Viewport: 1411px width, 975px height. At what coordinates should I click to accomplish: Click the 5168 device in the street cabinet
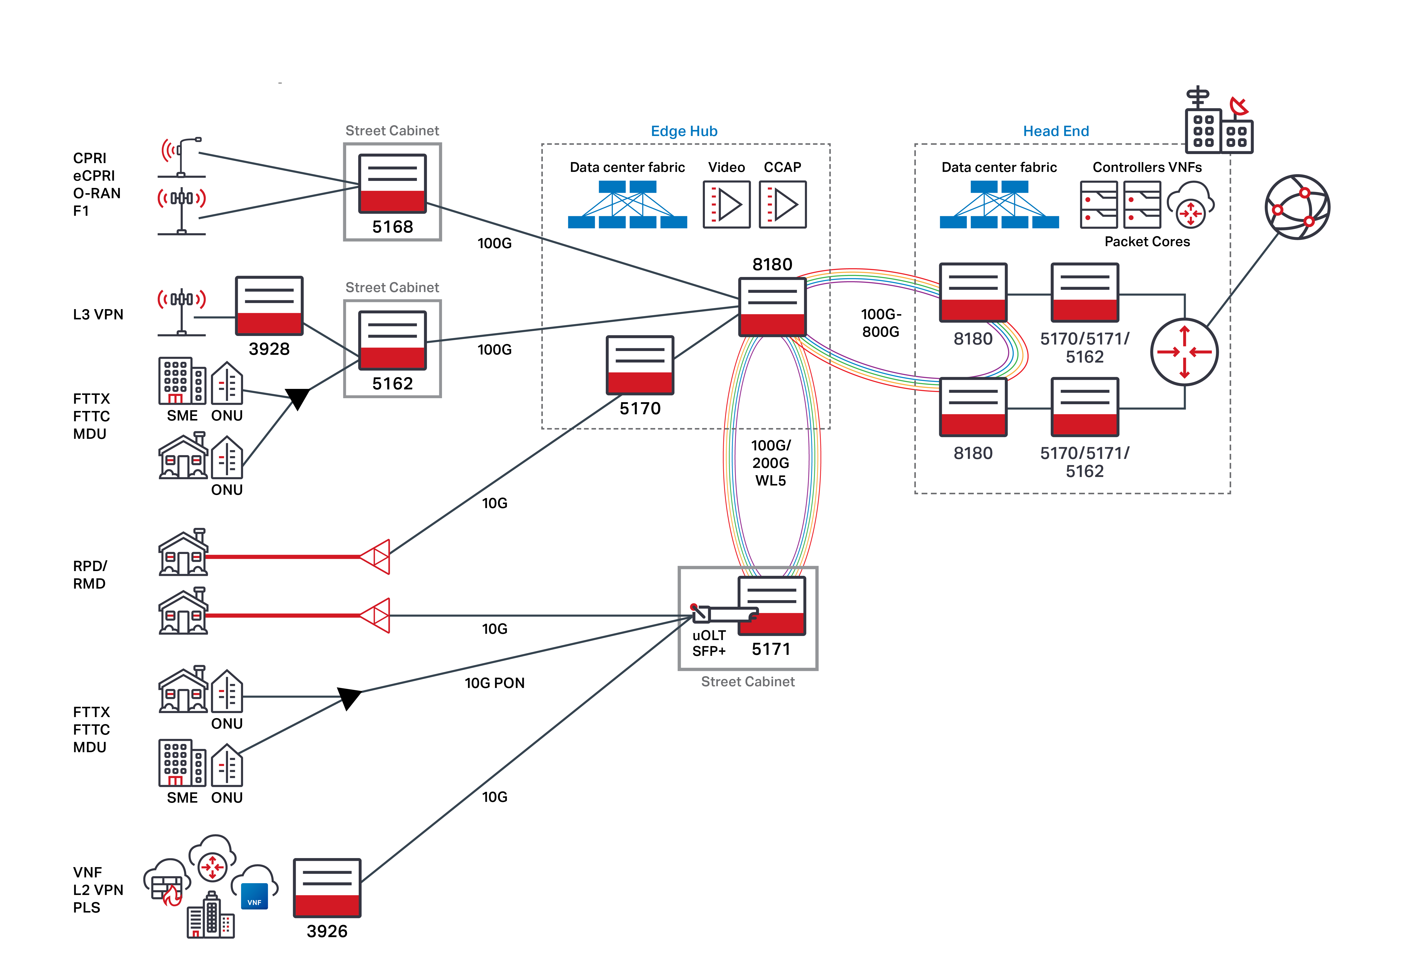pyautogui.click(x=392, y=183)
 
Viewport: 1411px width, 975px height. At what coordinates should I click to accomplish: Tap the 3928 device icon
pyautogui.click(x=269, y=305)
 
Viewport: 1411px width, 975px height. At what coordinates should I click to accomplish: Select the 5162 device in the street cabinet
pyautogui.click(x=392, y=340)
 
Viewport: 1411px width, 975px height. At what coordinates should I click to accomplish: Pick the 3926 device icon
pyautogui.click(x=327, y=888)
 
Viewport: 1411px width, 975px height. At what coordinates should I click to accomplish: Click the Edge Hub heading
pyautogui.click(x=684, y=131)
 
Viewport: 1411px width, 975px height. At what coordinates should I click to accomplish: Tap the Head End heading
pyautogui.click(x=1056, y=131)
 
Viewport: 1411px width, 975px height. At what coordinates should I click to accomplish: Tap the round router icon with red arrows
pyautogui.click(x=1184, y=352)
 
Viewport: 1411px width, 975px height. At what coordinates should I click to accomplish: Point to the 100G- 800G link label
pyautogui.click(x=880, y=323)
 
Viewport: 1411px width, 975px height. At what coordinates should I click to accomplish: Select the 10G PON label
pyautogui.click(x=494, y=683)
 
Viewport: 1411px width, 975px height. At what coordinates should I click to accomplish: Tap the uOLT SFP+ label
pyautogui.click(x=709, y=643)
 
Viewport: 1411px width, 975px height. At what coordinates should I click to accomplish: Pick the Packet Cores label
pyautogui.click(x=1147, y=242)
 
